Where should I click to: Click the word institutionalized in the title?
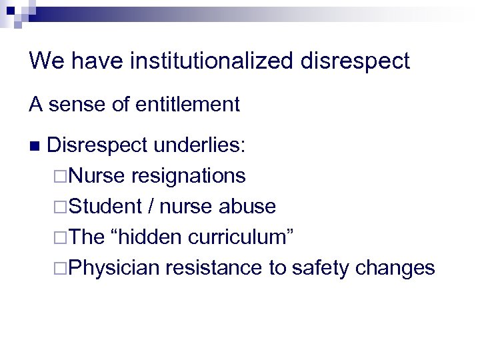pyautogui.click(x=211, y=62)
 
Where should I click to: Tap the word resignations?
pyautogui.click(x=189, y=176)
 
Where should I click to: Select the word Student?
pyautogui.click(x=105, y=207)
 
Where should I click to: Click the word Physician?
pyautogui.click(x=114, y=267)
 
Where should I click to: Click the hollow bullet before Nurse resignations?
pyautogui.click(x=61, y=177)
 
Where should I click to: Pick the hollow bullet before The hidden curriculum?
pyautogui.click(x=61, y=237)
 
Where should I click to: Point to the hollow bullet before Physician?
pyautogui.click(x=61, y=268)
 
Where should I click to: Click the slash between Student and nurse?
pyautogui.click(x=152, y=207)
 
